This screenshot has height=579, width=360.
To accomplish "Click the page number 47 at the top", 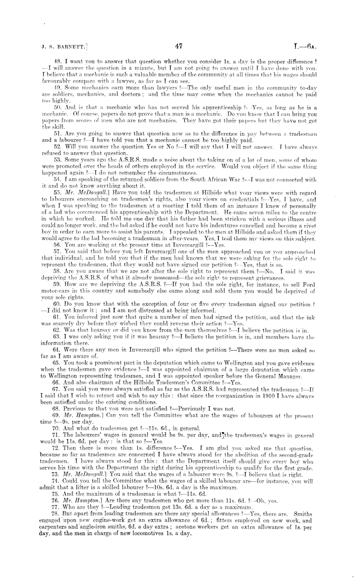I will (x=179, y=47).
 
